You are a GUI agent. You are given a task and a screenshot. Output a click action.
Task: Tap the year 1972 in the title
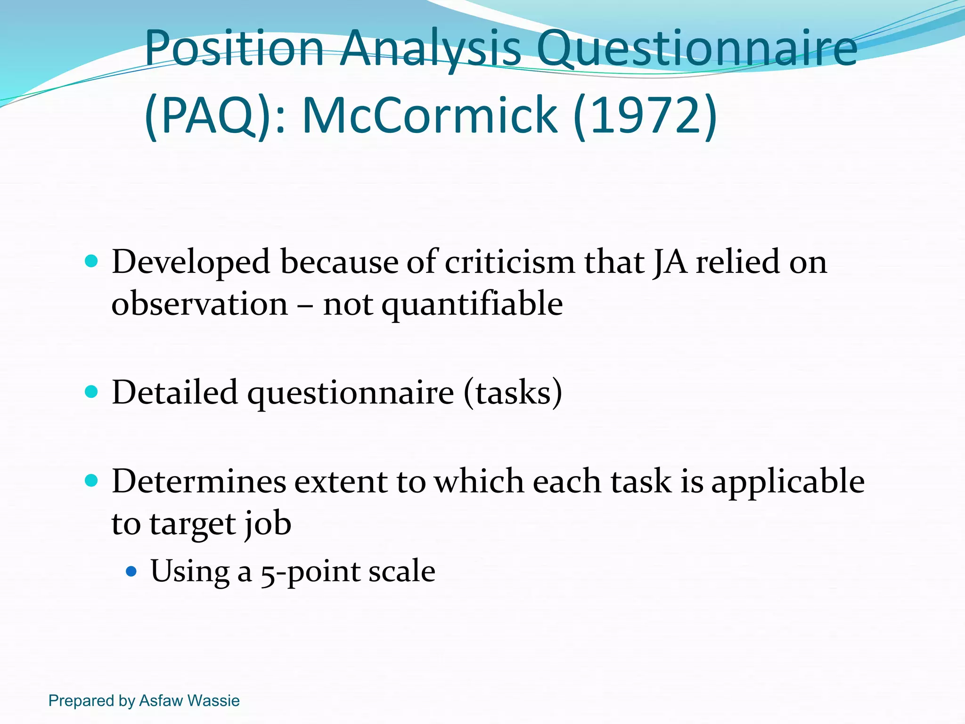(x=645, y=115)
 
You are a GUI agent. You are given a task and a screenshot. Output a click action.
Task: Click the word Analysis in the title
(x=431, y=49)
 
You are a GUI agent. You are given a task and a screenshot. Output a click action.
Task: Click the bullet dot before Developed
(x=91, y=261)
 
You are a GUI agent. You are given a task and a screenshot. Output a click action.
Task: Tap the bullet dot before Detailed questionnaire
(x=91, y=391)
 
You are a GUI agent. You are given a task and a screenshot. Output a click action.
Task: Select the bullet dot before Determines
(x=91, y=480)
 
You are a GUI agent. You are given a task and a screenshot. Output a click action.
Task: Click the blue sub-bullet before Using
(x=131, y=572)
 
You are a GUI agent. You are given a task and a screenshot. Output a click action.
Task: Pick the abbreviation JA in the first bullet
(x=669, y=262)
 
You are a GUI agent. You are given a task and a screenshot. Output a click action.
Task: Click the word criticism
(x=509, y=262)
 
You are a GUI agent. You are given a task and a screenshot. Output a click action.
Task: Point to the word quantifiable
(x=472, y=304)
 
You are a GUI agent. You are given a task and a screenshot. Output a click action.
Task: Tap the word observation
(x=199, y=304)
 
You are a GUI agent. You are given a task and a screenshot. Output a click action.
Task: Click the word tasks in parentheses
(x=513, y=392)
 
